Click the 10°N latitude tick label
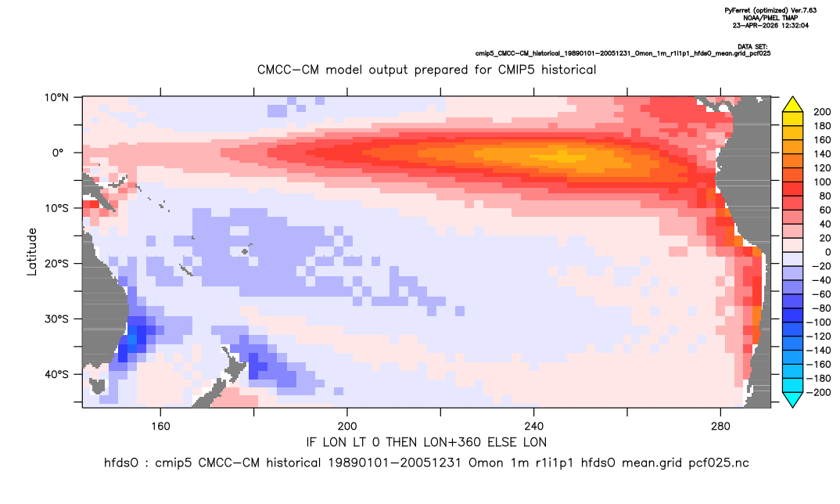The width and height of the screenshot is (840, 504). (x=56, y=98)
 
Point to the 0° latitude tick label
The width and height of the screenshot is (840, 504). (x=58, y=153)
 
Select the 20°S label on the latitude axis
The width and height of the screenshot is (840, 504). (x=56, y=264)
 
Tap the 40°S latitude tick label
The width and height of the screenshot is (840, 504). (x=56, y=374)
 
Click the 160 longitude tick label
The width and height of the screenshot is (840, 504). (x=160, y=427)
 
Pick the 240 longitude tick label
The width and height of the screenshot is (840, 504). (x=534, y=427)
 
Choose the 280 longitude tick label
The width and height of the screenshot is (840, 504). (x=720, y=427)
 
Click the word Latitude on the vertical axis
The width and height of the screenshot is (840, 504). (x=32, y=252)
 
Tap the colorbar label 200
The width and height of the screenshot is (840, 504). (x=822, y=112)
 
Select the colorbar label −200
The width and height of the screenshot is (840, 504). (x=819, y=392)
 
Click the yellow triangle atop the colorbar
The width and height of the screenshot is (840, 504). (x=792, y=105)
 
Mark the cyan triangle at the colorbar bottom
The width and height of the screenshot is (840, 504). (x=792, y=399)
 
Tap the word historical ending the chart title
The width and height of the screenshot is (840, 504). (x=569, y=70)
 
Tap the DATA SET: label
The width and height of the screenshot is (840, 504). (x=752, y=47)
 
